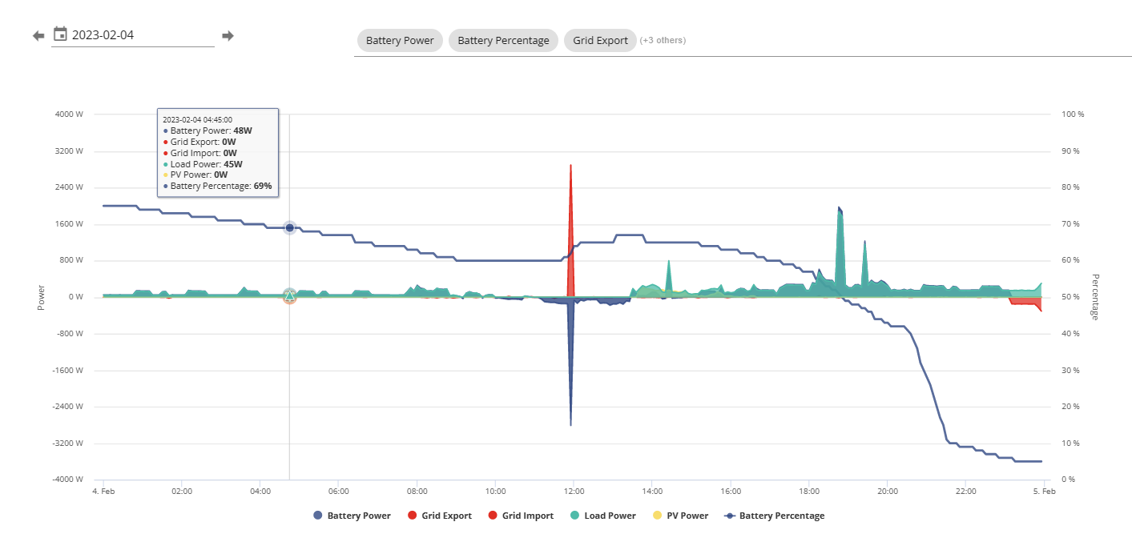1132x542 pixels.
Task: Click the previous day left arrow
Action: pyautogui.click(x=38, y=36)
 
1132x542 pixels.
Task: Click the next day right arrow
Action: pyautogui.click(x=228, y=36)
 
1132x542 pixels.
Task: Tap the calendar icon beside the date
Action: pyautogui.click(x=60, y=34)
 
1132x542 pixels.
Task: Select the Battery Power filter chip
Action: pyautogui.click(x=400, y=40)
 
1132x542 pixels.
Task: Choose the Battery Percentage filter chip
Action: pyautogui.click(x=503, y=40)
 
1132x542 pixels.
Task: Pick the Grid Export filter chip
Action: pyautogui.click(x=600, y=40)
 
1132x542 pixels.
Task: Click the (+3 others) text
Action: pyautogui.click(x=663, y=40)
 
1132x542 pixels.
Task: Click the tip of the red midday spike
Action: pyautogui.click(x=570, y=165)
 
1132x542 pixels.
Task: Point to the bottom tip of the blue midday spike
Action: pyautogui.click(x=570, y=425)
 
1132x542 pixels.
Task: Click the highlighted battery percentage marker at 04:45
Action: pyautogui.click(x=289, y=228)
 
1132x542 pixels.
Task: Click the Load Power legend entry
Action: pyautogui.click(x=603, y=516)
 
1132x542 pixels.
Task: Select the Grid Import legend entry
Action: pyautogui.click(x=521, y=516)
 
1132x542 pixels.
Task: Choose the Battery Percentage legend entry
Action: pyautogui.click(x=775, y=516)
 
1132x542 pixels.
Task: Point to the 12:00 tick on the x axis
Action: pyautogui.click(x=574, y=491)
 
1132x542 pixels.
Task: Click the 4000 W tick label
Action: pyautogui.click(x=69, y=114)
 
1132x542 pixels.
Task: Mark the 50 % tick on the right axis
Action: pyautogui.click(x=1070, y=297)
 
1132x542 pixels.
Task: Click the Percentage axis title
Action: pyautogui.click(x=1095, y=297)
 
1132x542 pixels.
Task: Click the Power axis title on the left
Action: pyautogui.click(x=41, y=298)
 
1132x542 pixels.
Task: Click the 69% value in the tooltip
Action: pyautogui.click(x=263, y=186)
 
